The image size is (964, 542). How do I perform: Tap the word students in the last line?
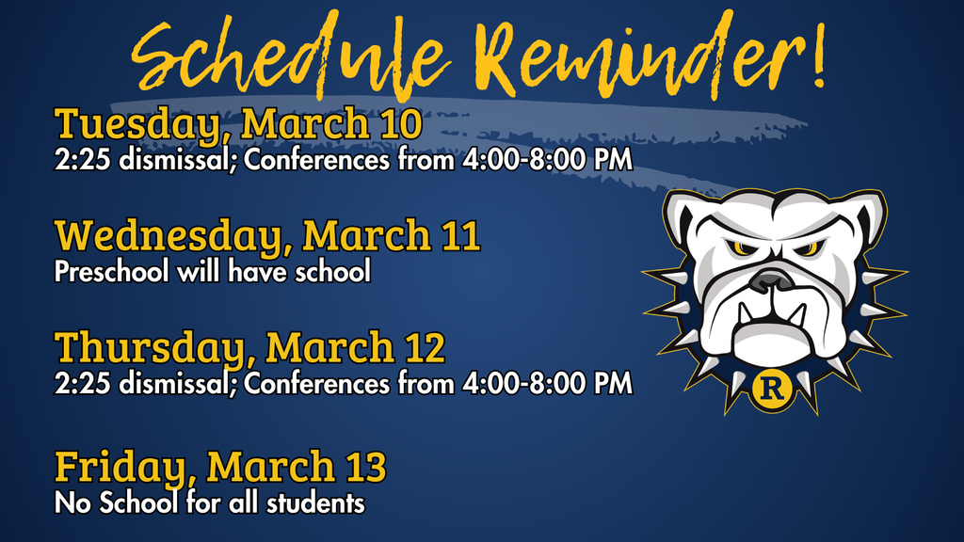[316, 502]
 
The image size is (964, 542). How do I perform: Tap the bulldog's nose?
[772, 279]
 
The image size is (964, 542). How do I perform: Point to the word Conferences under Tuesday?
[316, 159]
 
